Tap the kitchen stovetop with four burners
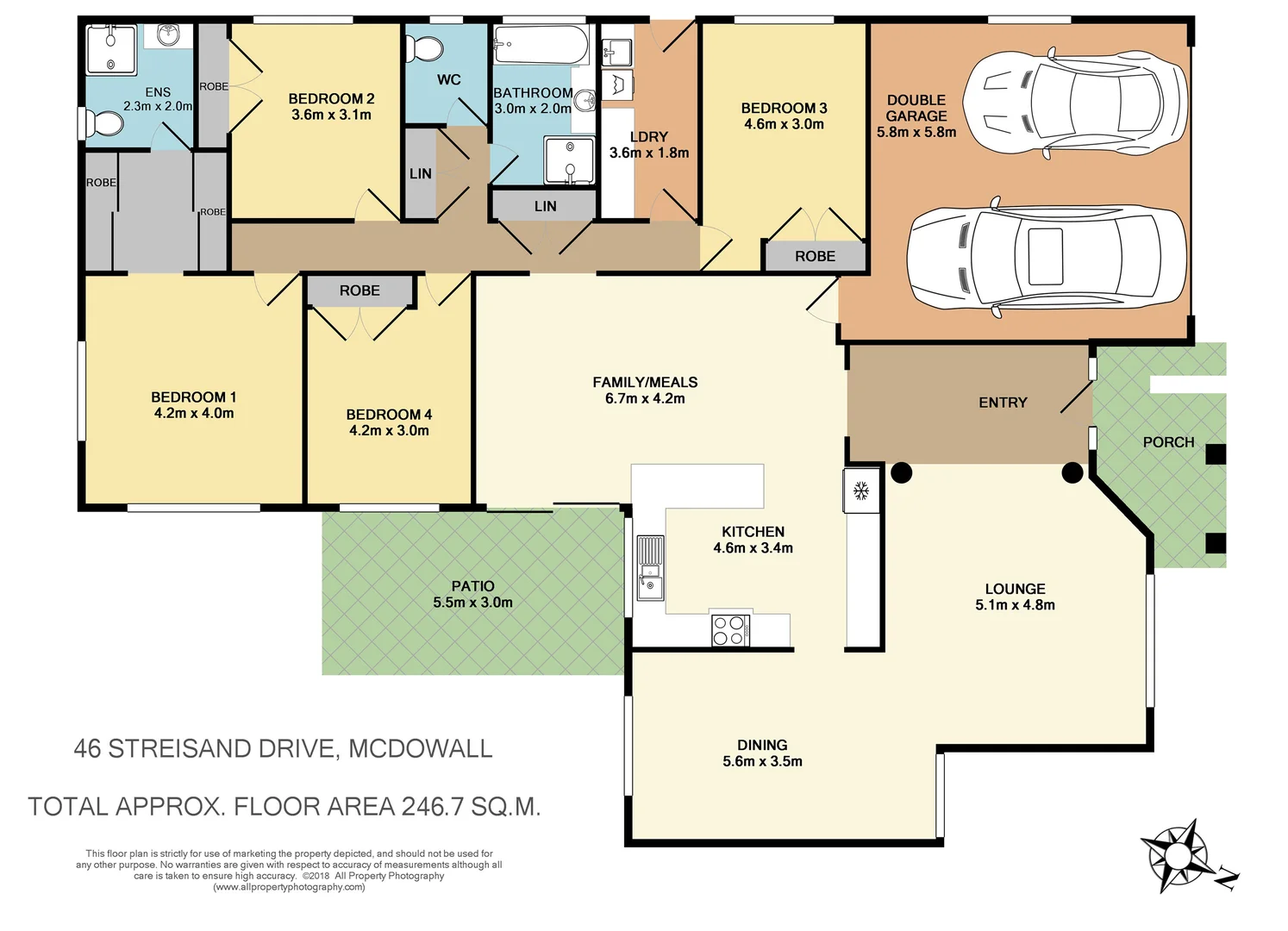tap(730, 630)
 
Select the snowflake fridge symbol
tap(860, 490)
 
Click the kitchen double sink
tap(650, 567)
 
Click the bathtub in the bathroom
tap(541, 45)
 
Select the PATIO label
tap(472, 586)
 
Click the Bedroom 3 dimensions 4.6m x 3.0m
tap(784, 123)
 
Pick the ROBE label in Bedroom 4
tap(360, 291)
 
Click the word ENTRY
tap(1003, 403)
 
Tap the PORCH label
tap(1168, 442)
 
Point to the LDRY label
tap(649, 137)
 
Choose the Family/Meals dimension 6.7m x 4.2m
tap(645, 398)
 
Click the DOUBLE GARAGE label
tap(916, 108)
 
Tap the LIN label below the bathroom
tap(545, 206)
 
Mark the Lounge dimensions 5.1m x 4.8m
tap(1015, 605)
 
